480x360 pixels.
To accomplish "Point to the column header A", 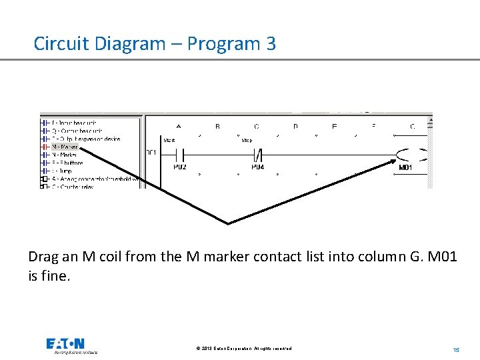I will click(x=179, y=126).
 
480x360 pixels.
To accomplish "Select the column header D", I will click(x=295, y=126).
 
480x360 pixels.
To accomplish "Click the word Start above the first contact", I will click(x=169, y=141).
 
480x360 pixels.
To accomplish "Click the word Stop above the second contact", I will click(x=247, y=141).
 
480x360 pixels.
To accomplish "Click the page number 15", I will click(x=456, y=349).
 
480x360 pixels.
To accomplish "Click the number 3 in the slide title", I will click(x=270, y=44).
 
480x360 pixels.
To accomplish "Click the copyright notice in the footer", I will click(x=245, y=349).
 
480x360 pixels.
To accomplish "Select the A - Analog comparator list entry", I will click(x=93, y=179).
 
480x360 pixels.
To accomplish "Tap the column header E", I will click(x=335, y=126).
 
